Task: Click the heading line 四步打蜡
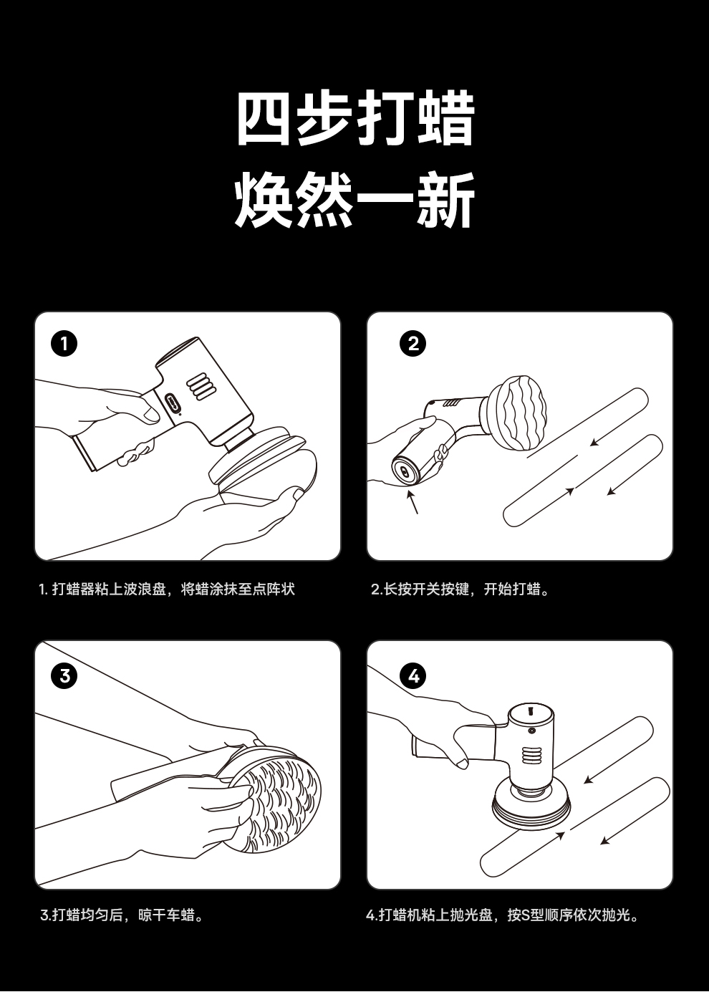(356, 119)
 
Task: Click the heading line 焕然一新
(355, 200)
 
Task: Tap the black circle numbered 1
(64, 344)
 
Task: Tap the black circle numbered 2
(413, 344)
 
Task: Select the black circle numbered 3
(64, 676)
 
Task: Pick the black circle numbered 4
(413, 676)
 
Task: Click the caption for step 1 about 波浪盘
(167, 589)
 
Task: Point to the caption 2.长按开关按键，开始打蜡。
(460, 589)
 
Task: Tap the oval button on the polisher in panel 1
(171, 403)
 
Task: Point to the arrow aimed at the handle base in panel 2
(413, 501)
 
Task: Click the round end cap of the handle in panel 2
(405, 471)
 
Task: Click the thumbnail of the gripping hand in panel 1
(151, 415)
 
